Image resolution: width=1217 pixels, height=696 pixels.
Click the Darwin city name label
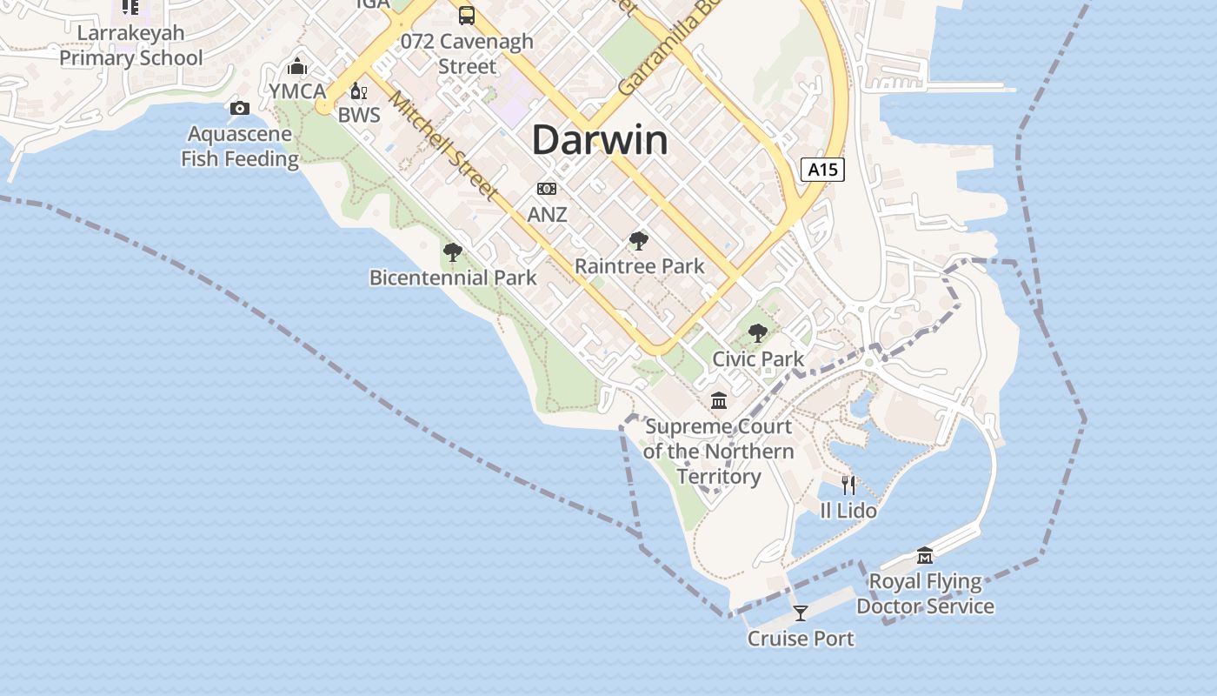[x=600, y=140]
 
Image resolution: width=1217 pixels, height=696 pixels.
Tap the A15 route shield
[x=822, y=169]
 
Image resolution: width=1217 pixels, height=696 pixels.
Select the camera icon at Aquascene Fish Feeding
[x=239, y=108]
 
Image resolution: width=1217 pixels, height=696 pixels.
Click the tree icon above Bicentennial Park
[x=452, y=252]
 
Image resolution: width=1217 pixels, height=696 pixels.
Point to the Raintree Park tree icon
[x=639, y=241]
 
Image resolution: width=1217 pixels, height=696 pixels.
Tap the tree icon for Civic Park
[x=758, y=333]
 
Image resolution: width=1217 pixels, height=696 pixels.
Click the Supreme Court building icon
[x=719, y=401]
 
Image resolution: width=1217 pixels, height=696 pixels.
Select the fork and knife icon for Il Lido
[x=848, y=485]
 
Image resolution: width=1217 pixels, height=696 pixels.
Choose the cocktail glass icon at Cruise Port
[x=801, y=613]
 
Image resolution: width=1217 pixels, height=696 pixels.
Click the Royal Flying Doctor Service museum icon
[x=925, y=556]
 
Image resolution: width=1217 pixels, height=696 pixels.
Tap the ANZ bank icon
[x=547, y=189]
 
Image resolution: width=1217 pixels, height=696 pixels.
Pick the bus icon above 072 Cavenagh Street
[x=467, y=15]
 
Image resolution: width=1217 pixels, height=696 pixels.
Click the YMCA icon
[x=297, y=66]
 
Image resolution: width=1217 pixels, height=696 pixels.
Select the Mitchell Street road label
[x=443, y=144]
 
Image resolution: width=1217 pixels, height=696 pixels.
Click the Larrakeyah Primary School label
[x=130, y=46]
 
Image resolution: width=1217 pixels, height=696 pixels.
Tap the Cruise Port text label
[x=801, y=639]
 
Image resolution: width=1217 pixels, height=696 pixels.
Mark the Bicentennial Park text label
[x=453, y=278]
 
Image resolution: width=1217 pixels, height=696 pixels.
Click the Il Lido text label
[x=848, y=511]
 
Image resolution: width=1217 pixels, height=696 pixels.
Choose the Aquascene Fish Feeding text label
[x=240, y=147]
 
